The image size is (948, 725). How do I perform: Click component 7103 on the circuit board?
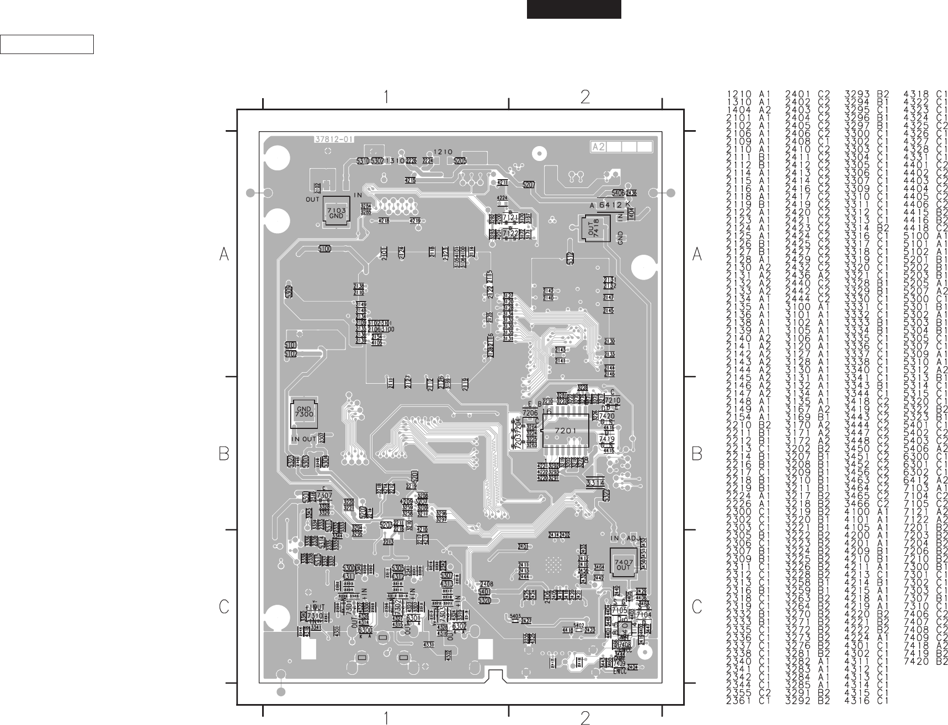click(x=336, y=213)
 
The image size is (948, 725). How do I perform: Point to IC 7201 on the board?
click(x=566, y=430)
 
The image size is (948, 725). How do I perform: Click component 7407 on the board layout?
click(x=624, y=564)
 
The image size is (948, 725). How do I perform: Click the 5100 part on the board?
click(x=325, y=249)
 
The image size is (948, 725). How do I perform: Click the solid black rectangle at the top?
click(x=574, y=9)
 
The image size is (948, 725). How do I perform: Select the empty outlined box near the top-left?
click(x=47, y=44)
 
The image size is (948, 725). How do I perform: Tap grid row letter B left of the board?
click(x=224, y=454)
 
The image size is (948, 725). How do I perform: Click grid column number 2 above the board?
click(x=585, y=97)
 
